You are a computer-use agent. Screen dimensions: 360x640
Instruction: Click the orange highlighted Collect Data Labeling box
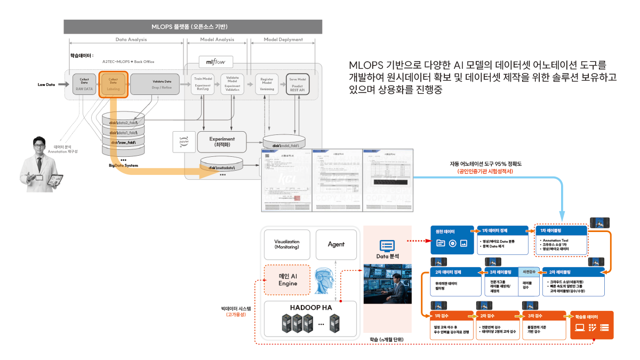coord(113,84)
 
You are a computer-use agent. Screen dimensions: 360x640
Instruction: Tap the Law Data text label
coord(46,84)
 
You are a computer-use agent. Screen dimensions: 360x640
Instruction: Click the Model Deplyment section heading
coord(283,39)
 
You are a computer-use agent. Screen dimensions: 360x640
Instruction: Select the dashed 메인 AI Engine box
coord(287,279)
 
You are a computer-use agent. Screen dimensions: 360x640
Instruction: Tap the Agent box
coord(336,244)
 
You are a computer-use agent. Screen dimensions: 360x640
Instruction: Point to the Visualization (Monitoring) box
coord(287,244)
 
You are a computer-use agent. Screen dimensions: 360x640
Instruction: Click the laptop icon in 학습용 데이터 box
coord(578,329)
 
